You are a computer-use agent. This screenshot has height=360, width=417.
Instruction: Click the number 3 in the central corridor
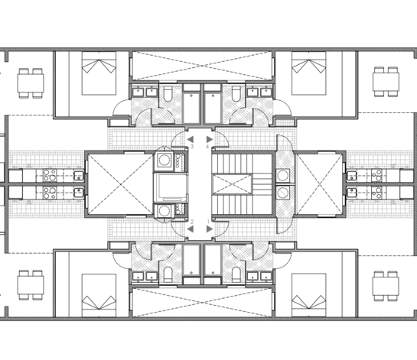pyautogui.click(x=191, y=147)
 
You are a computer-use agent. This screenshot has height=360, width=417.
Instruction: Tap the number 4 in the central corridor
pyautogui.click(x=207, y=147)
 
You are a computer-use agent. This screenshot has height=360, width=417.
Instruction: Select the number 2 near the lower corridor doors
pyautogui.click(x=192, y=222)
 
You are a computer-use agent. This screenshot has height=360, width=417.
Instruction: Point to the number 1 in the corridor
pyautogui.click(x=208, y=222)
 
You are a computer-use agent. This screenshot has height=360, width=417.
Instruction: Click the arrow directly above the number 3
pyautogui.click(x=191, y=139)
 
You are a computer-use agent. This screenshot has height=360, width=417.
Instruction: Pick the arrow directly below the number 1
pyautogui.click(x=210, y=229)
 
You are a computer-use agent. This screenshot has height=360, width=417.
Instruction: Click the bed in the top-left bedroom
pyautogui.click(x=99, y=73)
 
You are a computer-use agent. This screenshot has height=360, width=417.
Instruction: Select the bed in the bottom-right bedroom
pyautogui.click(x=309, y=295)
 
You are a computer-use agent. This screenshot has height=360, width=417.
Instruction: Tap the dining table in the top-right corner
pyautogui.click(x=386, y=82)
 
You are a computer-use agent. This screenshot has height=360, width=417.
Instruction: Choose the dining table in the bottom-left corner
pyautogui.click(x=31, y=285)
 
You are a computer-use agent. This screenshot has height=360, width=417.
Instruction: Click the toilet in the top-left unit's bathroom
pyautogui.click(x=168, y=93)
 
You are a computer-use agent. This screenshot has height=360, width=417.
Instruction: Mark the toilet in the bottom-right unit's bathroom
pyautogui.click(x=236, y=274)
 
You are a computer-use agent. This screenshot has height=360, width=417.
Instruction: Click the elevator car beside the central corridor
pyautogui.click(x=171, y=186)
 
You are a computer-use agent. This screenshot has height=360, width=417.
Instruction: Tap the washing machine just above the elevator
pyautogui.click(x=164, y=161)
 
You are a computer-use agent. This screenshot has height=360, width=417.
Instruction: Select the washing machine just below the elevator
pyautogui.click(x=164, y=211)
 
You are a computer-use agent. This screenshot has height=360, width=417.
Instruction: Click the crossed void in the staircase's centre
pyautogui.click(x=232, y=184)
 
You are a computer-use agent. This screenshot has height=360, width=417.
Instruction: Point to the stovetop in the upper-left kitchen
pyautogui.click(x=50, y=175)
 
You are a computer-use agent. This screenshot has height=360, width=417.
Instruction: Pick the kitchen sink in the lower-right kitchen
pyautogui.click(x=352, y=193)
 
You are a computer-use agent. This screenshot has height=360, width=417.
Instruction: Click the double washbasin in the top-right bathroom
pyautogui.click(x=259, y=92)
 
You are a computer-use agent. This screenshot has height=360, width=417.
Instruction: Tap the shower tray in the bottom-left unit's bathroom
pyautogui.click(x=191, y=261)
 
